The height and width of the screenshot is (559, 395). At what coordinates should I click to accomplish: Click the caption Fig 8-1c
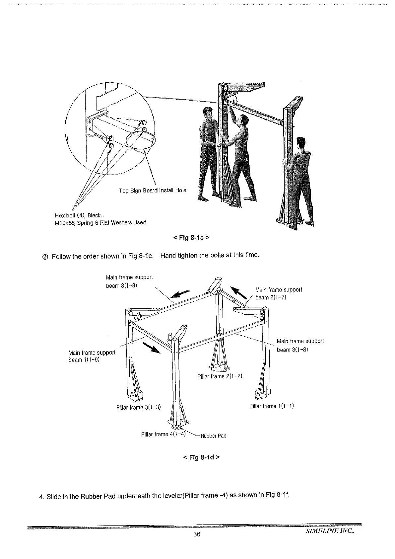click(191, 238)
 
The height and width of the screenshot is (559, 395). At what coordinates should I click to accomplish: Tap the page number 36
click(197, 543)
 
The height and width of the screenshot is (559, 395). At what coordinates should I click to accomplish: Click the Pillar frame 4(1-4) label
click(163, 434)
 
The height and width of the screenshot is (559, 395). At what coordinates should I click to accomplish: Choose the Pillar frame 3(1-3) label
click(139, 407)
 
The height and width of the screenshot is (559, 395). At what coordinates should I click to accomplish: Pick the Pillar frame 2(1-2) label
click(220, 376)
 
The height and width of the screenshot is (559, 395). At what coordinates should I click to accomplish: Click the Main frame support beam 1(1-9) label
click(92, 356)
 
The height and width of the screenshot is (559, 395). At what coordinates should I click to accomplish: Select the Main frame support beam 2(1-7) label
click(279, 293)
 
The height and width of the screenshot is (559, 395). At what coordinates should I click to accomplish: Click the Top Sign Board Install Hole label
click(153, 191)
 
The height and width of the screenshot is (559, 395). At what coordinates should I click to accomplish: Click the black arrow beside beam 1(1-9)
click(152, 348)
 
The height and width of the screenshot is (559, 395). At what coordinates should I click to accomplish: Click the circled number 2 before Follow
click(45, 257)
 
